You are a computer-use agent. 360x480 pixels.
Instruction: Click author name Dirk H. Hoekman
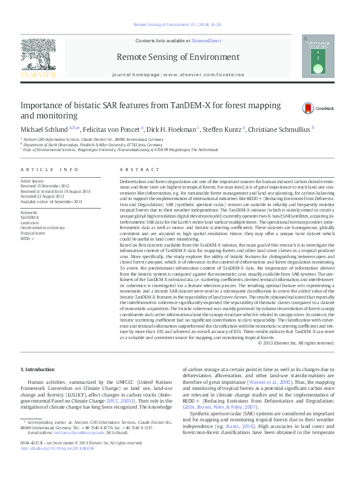pyautogui.click(x=172, y=129)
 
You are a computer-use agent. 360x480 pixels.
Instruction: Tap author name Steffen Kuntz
pyautogui.click(x=223, y=129)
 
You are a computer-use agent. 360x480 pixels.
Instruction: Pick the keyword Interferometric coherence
pyautogui.click(x=42, y=228)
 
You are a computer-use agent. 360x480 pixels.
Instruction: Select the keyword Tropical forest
pyautogui.click(x=33, y=233)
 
